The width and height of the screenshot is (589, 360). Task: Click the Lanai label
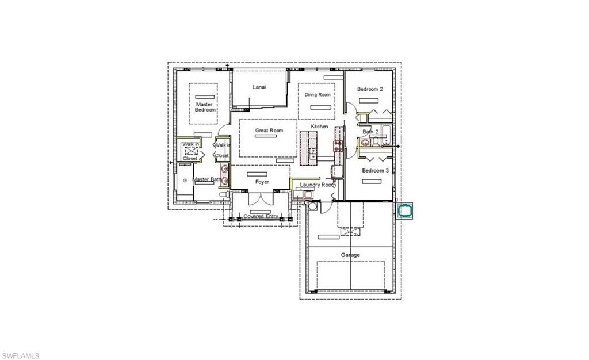[259, 87]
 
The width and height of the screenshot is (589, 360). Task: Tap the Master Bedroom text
[205, 107]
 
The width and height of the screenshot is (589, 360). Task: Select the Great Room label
[269, 131]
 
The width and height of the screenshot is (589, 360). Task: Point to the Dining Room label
[318, 94]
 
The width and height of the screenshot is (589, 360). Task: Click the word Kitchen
[319, 127]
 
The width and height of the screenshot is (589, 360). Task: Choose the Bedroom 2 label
[369, 89]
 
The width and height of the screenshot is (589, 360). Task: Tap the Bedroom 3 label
[375, 171]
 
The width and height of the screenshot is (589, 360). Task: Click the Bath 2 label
[370, 132]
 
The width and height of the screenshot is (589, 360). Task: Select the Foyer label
[262, 182]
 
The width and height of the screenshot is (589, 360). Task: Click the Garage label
[350, 255]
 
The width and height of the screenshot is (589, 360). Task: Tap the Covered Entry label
[261, 216]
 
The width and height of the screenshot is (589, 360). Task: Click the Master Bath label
[206, 179]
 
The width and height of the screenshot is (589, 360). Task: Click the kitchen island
[312, 147]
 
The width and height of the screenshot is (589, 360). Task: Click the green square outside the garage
[406, 210]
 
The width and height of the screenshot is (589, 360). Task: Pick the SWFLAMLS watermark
[21, 356]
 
